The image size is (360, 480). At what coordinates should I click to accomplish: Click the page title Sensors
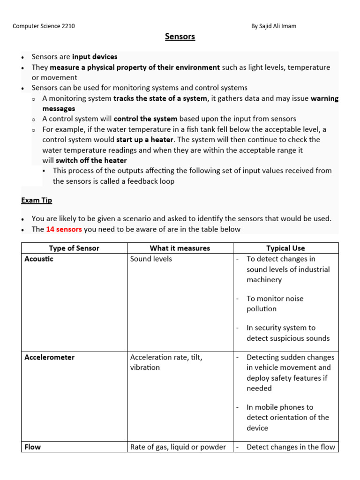tap(180, 37)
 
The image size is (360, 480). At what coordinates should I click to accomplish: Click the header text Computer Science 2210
tap(44, 26)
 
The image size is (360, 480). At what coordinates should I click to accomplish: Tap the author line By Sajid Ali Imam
tap(274, 26)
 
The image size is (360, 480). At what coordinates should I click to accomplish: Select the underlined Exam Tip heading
tap(37, 200)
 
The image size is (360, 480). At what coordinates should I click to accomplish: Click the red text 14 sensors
tap(64, 229)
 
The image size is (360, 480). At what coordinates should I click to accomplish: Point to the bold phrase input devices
tap(95, 57)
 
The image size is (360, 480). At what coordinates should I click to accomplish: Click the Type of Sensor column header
tap(74, 248)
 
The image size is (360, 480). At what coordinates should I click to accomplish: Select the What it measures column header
tap(180, 248)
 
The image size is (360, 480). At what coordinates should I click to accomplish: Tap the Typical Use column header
tap(285, 248)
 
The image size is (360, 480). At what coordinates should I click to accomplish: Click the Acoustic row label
tap(39, 259)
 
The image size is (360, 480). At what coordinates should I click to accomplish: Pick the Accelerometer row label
tap(49, 357)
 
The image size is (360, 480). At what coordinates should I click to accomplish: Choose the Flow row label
tap(32, 447)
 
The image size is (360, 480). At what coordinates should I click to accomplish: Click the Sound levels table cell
tap(151, 259)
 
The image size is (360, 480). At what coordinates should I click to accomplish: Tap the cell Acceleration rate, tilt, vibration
tap(166, 362)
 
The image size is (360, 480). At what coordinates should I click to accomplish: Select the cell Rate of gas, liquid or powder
tap(178, 447)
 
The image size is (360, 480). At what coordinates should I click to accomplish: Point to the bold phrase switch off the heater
tap(91, 160)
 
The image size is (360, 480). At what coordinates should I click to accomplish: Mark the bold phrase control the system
tap(145, 119)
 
